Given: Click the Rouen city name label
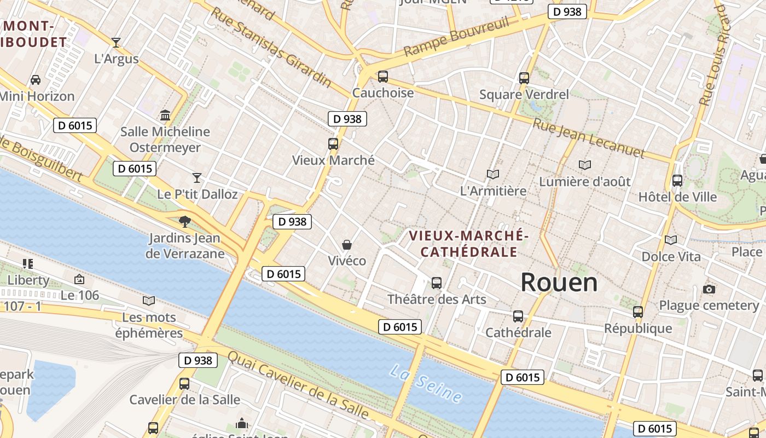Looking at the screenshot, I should pos(559,283).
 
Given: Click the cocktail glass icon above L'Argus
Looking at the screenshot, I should pos(116,42).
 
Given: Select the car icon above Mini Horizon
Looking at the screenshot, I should pos(36,80).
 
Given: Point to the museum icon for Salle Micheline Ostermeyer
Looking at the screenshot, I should pos(165,115).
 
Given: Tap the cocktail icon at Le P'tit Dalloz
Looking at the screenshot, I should pos(197,177).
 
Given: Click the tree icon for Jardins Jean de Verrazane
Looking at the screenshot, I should pos(185,222).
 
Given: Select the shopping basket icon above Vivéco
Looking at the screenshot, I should pos(346,244).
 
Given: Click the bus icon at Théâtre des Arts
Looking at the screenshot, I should pos(436,283).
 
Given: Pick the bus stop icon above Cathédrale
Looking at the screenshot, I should pos(518,316).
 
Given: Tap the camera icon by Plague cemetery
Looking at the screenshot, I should pos(709,289).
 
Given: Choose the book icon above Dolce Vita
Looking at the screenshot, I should pos(670,240).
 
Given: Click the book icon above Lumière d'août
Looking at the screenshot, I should pos(585,165).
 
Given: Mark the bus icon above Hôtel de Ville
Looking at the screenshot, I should pos(677,180).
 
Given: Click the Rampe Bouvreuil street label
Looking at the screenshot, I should pos(457,37).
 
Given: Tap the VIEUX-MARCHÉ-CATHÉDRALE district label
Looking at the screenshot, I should pos(468,244).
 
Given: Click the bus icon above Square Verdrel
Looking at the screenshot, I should pos(524,78).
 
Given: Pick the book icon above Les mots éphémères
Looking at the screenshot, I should pos(149,301).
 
